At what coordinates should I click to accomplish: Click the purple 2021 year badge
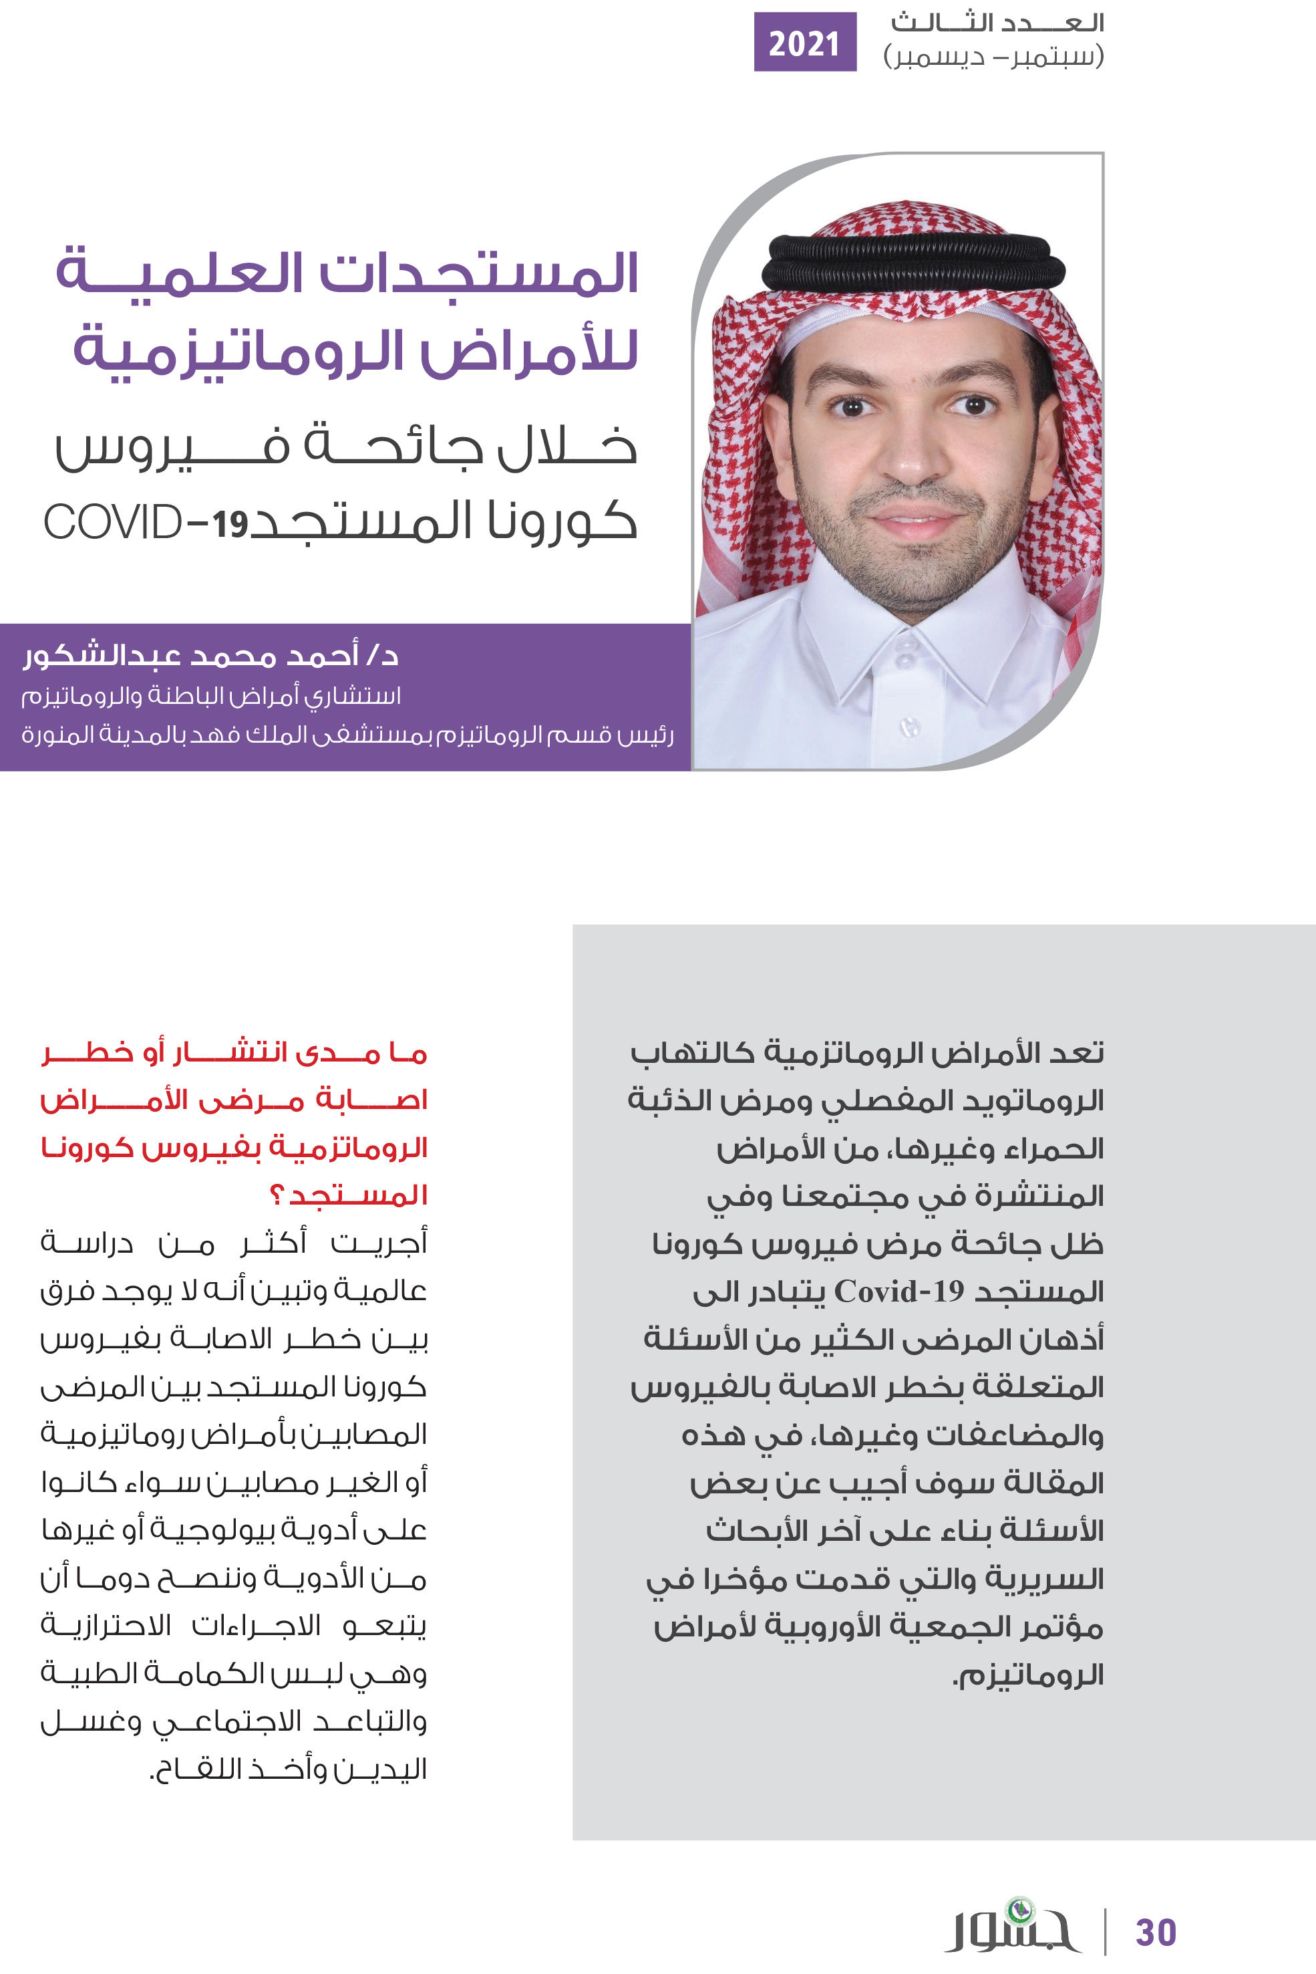click(x=804, y=42)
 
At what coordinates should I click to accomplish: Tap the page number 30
click(x=1156, y=1932)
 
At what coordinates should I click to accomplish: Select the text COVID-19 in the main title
click(x=146, y=522)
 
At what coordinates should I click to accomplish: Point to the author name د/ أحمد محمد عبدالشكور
click(x=210, y=655)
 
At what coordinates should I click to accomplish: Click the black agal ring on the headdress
click(x=913, y=262)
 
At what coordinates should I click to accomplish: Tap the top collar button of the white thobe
click(x=906, y=646)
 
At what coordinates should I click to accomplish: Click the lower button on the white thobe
click(x=910, y=725)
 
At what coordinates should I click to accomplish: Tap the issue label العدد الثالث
click(x=997, y=23)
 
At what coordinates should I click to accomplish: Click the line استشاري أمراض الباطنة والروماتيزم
click(x=210, y=696)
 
